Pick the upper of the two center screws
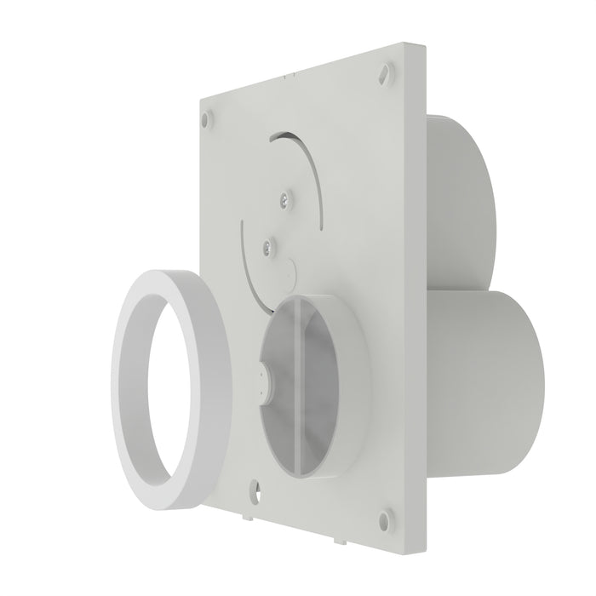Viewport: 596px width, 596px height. tap(281, 198)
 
